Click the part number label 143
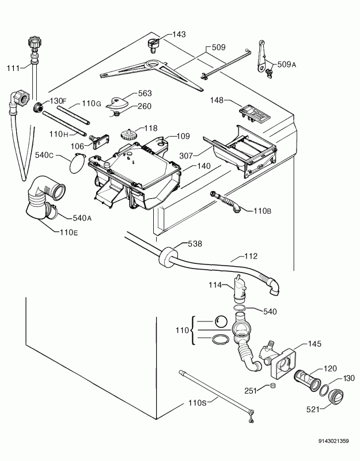[x=179, y=35]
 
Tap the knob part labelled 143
[x=153, y=46]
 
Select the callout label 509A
[x=286, y=64]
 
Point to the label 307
[x=186, y=156]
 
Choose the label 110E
[x=69, y=233]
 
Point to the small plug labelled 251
[x=273, y=386]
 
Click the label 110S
[x=197, y=403]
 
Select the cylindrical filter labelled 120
[x=307, y=381]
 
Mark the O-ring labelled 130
[x=324, y=390]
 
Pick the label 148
[x=217, y=100]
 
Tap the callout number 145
[x=314, y=343]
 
